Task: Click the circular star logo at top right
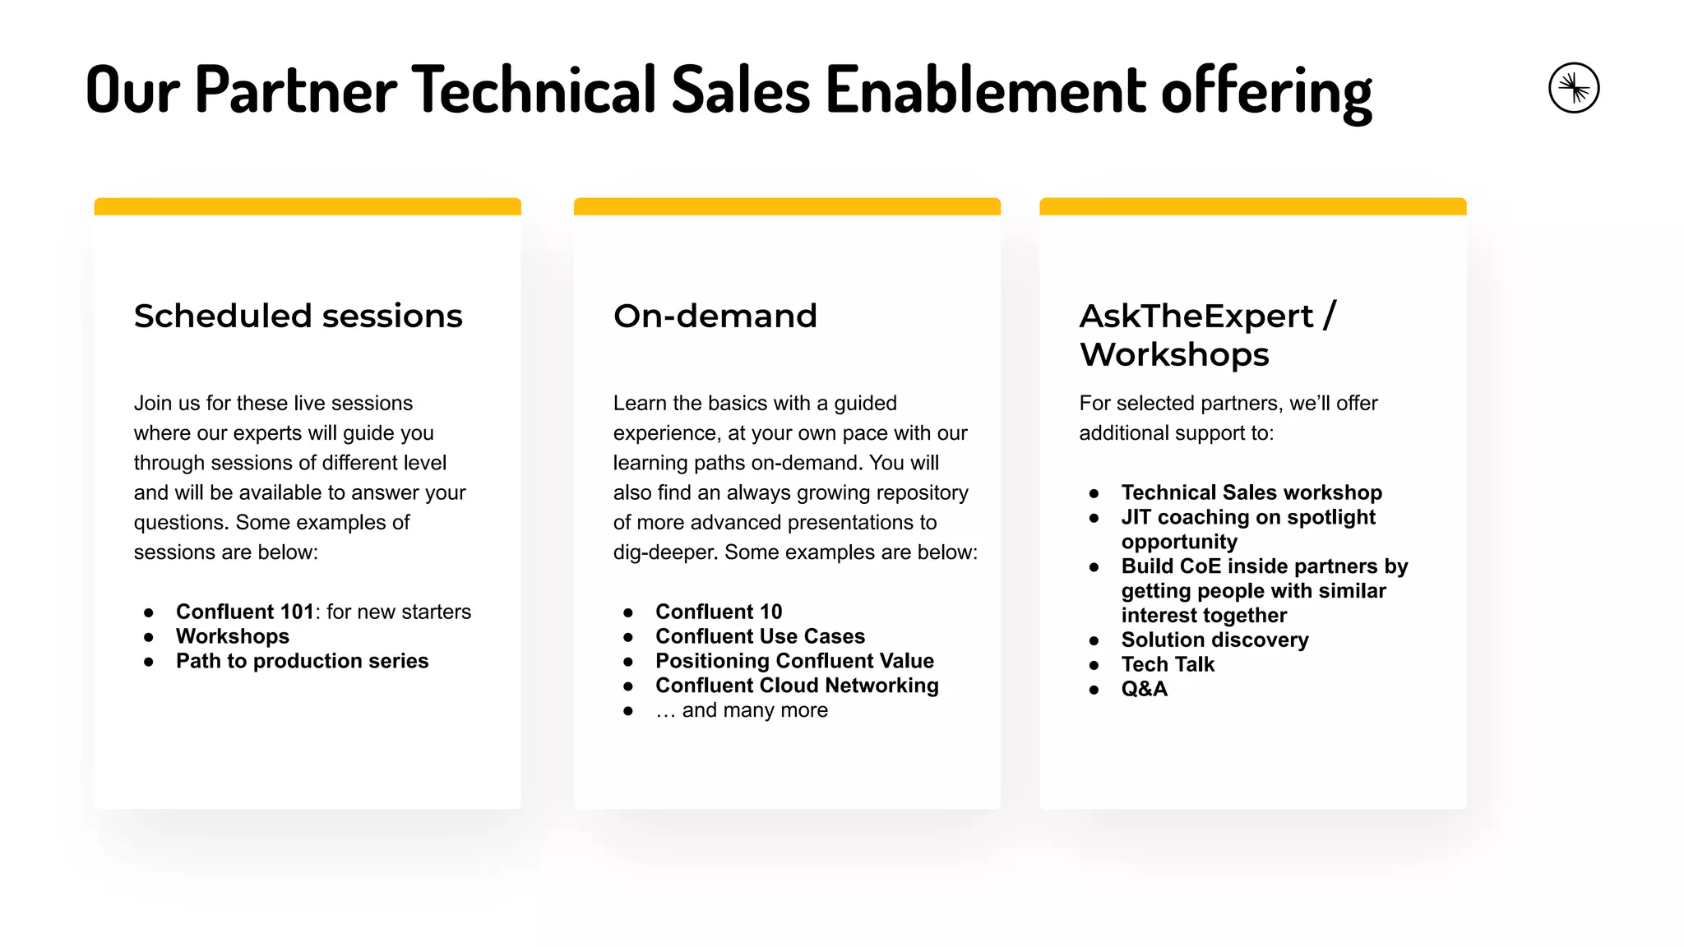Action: click(x=1573, y=88)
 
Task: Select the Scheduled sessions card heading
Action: click(x=298, y=316)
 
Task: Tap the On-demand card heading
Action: click(x=715, y=316)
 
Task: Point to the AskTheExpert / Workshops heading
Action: click(x=1207, y=335)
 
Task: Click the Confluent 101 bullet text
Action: click(x=245, y=612)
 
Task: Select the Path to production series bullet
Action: click(x=302, y=661)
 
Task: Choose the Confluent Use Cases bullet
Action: click(x=760, y=636)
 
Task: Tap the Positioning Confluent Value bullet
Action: click(x=794, y=661)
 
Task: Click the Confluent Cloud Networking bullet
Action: click(x=797, y=686)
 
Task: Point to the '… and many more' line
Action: click(x=741, y=710)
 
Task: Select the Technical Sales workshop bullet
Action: click(x=1251, y=492)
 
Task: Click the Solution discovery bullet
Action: click(x=1214, y=640)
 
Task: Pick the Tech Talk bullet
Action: click(x=1168, y=664)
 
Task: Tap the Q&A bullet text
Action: click(x=1144, y=689)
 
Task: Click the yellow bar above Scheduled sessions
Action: click(x=308, y=206)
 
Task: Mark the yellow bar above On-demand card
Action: click(x=787, y=206)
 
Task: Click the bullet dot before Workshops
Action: click(x=149, y=637)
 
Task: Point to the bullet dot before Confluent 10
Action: click(x=628, y=612)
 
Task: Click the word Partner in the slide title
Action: click(x=296, y=90)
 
